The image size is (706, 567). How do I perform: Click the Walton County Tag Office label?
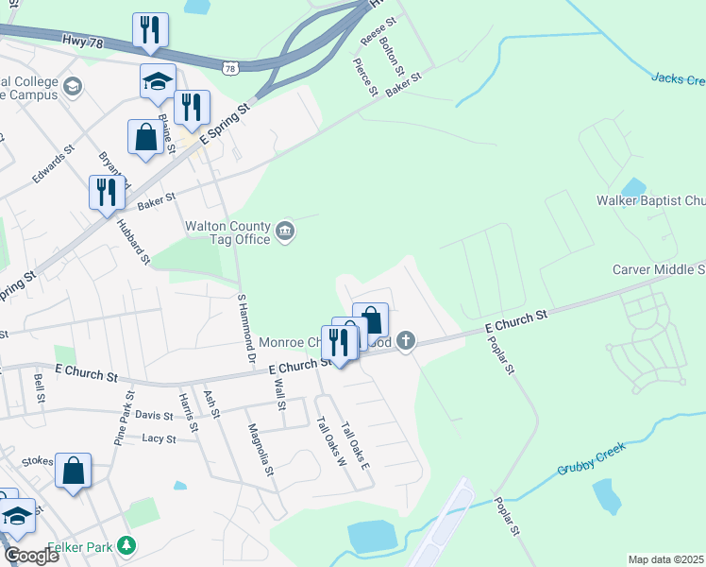tap(227, 232)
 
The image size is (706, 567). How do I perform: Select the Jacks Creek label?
tap(678, 78)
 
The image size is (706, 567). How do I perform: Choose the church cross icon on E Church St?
tap(406, 340)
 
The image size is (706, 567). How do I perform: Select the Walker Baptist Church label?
tap(650, 201)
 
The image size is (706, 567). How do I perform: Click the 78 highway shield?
tap(231, 68)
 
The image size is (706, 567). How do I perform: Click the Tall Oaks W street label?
tap(327, 442)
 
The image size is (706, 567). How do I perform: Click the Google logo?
tap(31, 556)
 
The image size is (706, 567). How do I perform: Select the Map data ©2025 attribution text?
tap(665, 559)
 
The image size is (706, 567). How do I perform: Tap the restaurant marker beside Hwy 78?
tap(150, 31)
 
